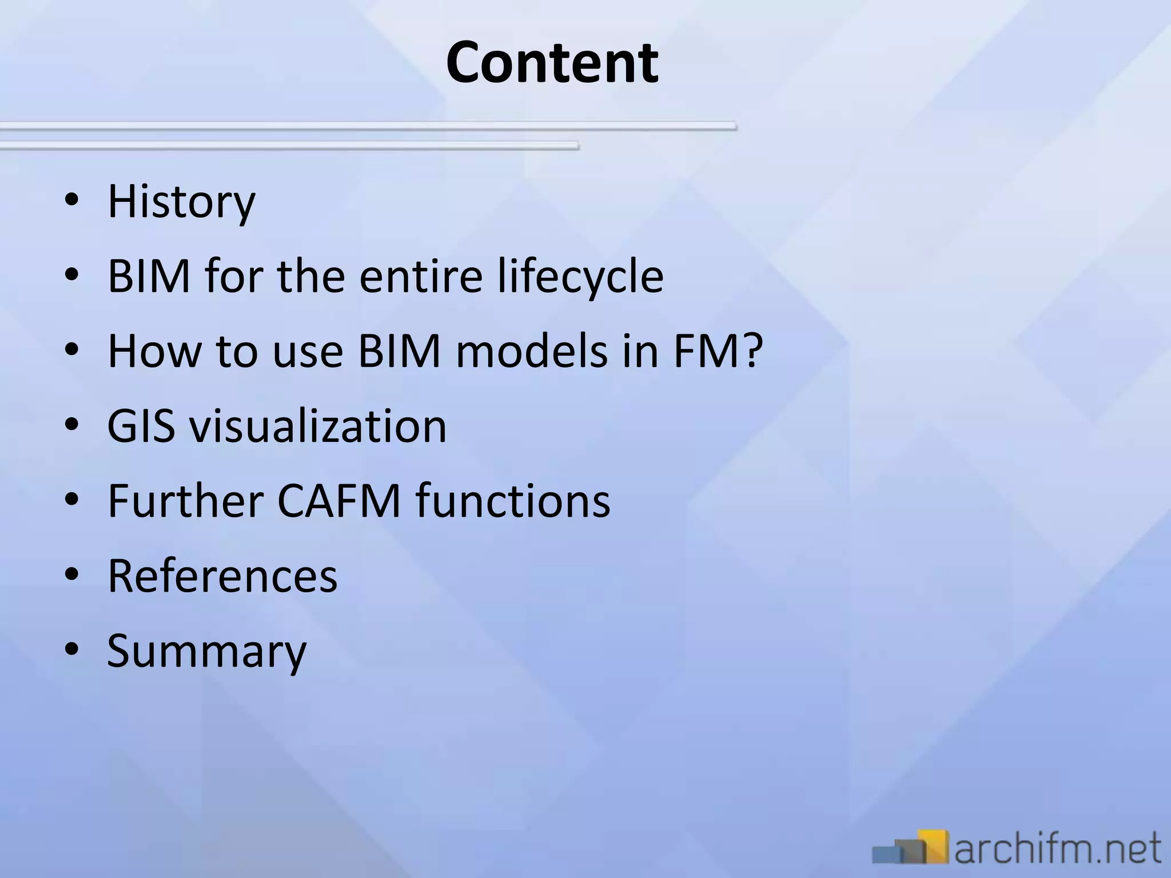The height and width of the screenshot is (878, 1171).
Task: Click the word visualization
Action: [x=318, y=426]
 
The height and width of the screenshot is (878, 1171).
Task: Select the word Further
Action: [x=185, y=501]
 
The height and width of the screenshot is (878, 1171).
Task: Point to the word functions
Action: [x=513, y=501]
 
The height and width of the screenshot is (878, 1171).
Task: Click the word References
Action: [x=222, y=576]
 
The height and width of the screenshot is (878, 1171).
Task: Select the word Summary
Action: [x=207, y=651]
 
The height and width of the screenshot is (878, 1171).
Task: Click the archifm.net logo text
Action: [x=1058, y=848]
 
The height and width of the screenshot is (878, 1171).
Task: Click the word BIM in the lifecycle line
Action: [x=149, y=276]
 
